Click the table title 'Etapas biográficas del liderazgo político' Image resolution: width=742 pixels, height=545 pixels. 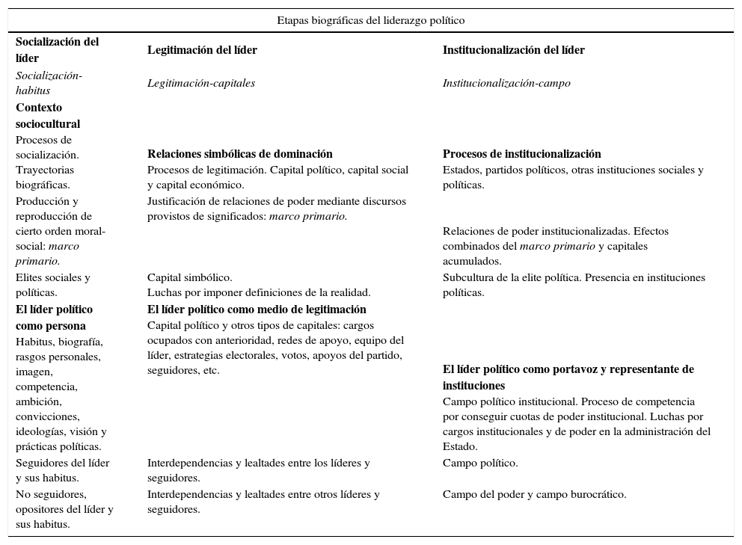(x=370, y=20)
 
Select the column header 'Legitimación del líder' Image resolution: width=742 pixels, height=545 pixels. (x=202, y=50)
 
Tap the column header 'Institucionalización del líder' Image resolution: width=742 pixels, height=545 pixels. (x=513, y=50)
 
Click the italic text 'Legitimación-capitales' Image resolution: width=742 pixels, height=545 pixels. (x=200, y=83)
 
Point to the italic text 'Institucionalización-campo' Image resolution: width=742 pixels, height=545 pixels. (x=506, y=83)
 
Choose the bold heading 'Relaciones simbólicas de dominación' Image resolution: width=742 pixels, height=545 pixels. (x=239, y=154)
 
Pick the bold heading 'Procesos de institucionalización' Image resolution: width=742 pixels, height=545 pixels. (x=521, y=154)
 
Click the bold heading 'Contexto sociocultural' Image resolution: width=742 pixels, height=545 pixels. (x=48, y=116)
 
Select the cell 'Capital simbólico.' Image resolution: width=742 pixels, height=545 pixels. (x=189, y=277)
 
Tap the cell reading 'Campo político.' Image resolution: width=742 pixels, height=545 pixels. (x=480, y=463)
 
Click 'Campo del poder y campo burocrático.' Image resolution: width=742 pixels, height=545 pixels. (x=534, y=494)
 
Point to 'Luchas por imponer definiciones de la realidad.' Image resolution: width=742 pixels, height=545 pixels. (x=259, y=292)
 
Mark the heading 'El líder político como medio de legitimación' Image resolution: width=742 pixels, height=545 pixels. (x=257, y=309)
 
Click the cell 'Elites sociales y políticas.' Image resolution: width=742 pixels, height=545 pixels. (x=52, y=285)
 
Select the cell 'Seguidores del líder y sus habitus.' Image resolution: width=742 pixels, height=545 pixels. (x=62, y=470)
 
